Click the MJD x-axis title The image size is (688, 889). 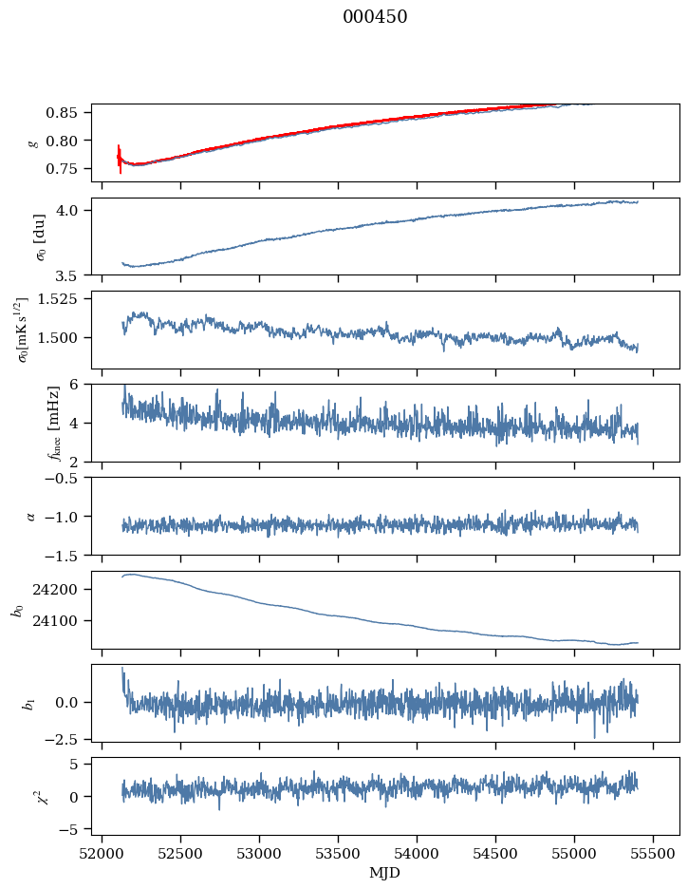(385, 873)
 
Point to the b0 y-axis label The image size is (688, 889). (16, 610)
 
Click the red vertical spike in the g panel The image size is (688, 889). (120, 160)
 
